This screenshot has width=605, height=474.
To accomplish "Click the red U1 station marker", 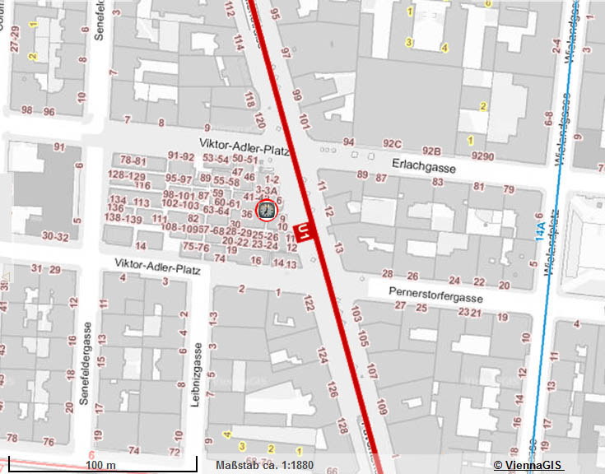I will click(305, 231).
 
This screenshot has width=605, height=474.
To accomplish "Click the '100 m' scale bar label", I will click(100, 465).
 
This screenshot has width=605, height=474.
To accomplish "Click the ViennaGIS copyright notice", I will click(527, 465).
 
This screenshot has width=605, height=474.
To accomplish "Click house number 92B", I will click(431, 151).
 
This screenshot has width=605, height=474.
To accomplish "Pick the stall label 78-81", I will click(133, 160).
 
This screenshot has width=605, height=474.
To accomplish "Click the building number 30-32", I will click(55, 236).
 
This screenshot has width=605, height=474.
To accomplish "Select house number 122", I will click(309, 304).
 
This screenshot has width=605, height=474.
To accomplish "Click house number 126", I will click(332, 388).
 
